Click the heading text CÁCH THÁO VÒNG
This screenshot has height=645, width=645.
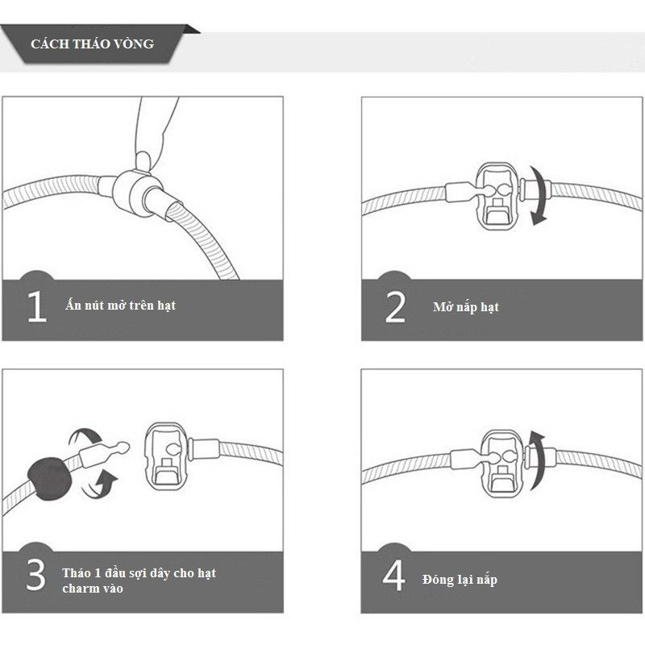pos(92,44)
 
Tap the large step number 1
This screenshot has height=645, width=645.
pos(36,306)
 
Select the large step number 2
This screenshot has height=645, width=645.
pos(395,306)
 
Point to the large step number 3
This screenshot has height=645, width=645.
pos(35,574)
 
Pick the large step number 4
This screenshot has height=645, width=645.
pos(393,575)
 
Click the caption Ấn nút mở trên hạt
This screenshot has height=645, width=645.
pos(120,305)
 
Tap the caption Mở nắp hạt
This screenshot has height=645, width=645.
pos(466,307)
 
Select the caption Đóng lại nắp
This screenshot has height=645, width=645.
pos(460,579)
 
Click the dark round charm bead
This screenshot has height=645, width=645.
pos(50,477)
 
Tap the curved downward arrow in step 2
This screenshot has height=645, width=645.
pos(540,195)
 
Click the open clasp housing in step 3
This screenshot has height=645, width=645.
pos(167,456)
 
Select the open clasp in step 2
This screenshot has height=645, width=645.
pos(497,195)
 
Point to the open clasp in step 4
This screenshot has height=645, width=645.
pos(501,463)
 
